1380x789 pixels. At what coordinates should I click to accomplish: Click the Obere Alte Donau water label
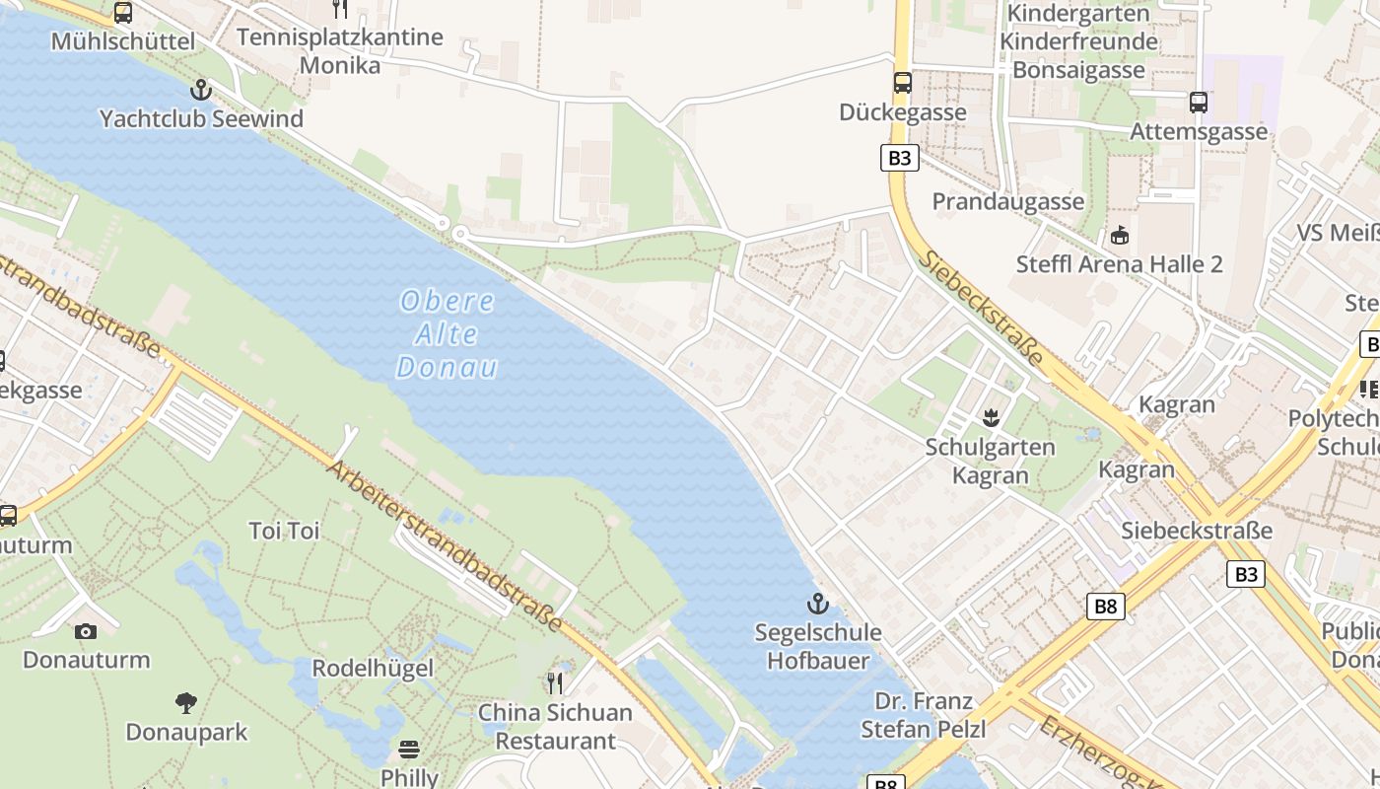[448, 334]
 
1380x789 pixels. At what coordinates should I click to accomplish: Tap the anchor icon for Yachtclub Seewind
[201, 91]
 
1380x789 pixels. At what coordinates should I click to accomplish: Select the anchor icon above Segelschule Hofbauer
[817, 604]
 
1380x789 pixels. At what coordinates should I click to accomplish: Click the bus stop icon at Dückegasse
[903, 83]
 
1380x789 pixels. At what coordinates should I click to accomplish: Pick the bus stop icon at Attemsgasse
[1199, 102]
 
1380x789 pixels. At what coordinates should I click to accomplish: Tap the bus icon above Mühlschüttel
[123, 13]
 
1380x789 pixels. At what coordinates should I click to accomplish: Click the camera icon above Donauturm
[86, 631]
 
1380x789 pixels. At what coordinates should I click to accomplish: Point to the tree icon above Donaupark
[186, 703]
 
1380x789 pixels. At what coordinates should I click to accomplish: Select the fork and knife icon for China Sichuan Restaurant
[556, 682]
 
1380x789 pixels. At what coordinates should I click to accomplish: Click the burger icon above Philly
[409, 749]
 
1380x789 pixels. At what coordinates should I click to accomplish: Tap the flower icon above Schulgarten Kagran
[991, 418]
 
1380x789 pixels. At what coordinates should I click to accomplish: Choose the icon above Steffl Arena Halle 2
[1120, 236]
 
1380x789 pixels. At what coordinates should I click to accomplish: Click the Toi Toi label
[285, 531]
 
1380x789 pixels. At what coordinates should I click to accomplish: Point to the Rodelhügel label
[373, 668]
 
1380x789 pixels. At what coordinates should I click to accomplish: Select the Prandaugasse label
[1008, 201]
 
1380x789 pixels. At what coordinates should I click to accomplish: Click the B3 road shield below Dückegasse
[899, 158]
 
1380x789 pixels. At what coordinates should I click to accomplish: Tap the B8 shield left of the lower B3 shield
[1105, 606]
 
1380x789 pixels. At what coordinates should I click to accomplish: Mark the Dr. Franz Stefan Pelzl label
[924, 715]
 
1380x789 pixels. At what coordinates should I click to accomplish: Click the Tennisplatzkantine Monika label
[340, 51]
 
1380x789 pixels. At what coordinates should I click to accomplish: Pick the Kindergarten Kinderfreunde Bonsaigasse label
[1078, 41]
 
